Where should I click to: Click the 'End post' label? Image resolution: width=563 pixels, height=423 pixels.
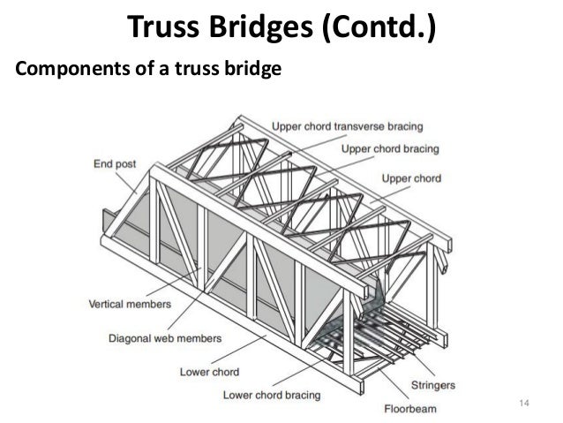[x=115, y=163]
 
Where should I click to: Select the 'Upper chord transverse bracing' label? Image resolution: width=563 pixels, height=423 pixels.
[x=347, y=126]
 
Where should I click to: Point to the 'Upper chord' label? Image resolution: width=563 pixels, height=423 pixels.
[x=411, y=178]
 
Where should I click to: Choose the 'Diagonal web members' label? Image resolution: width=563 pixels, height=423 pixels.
[x=165, y=337]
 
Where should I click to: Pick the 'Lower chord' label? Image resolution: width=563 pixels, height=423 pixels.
[x=208, y=371]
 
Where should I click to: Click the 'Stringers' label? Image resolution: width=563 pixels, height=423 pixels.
[x=433, y=386]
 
